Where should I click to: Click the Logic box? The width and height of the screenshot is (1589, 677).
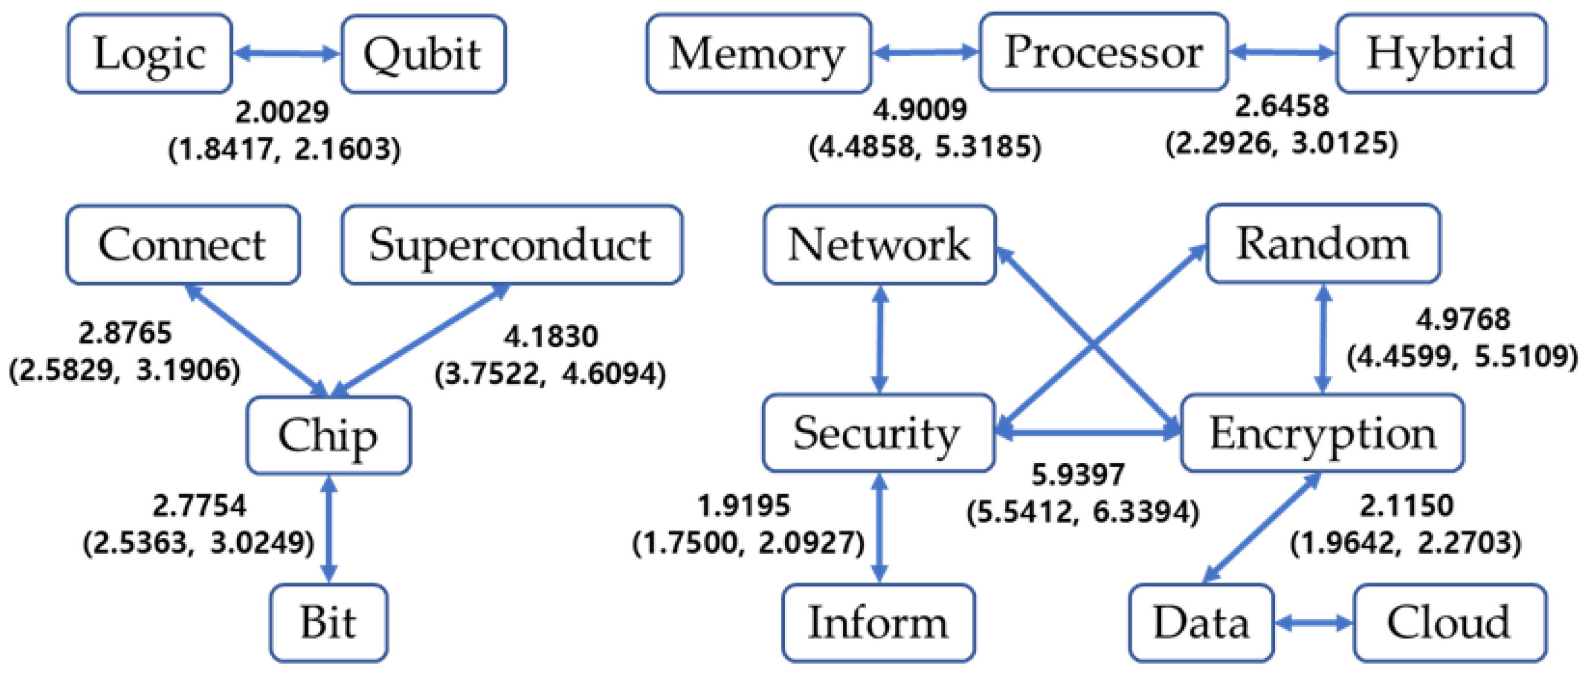click(149, 54)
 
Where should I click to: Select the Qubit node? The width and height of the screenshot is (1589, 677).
click(423, 54)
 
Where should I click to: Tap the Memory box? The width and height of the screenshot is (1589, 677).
click(758, 54)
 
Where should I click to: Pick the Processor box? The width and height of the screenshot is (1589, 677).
click(1103, 53)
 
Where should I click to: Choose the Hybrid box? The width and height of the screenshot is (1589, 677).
click(1441, 54)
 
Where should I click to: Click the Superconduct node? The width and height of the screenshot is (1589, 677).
click(511, 245)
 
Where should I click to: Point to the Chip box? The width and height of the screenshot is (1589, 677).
click(328, 435)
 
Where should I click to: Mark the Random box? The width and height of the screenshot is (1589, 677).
click(1323, 244)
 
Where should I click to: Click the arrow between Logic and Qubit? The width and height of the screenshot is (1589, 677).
click(286, 54)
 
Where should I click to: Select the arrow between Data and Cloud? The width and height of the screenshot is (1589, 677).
click(1313, 623)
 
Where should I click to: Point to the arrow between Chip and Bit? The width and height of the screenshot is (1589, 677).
click(329, 529)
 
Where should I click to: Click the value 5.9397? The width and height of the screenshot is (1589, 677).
click(1078, 474)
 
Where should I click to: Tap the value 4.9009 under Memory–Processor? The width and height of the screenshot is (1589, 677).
click(919, 110)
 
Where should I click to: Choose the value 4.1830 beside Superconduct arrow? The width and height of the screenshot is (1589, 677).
click(551, 337)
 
